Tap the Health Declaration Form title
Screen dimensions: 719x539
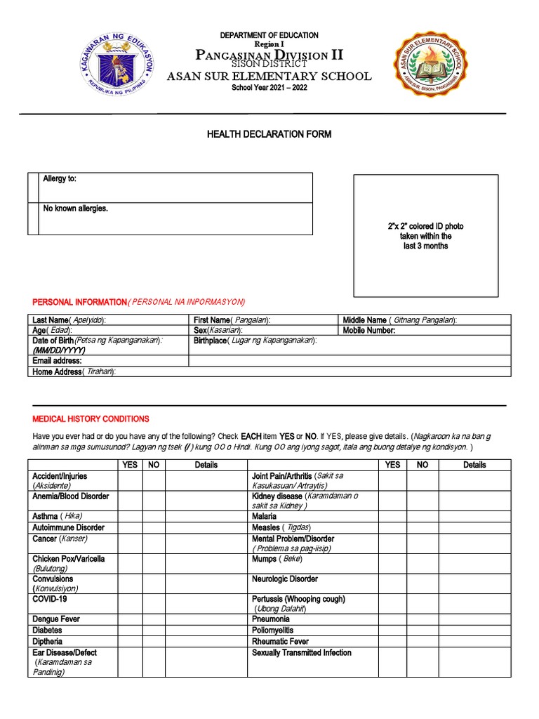point(269,134)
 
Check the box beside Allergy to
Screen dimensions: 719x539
point(33,187)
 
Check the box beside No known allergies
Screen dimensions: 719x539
point(33,218)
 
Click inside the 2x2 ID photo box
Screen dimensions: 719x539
point(426,236)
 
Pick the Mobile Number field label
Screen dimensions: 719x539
point(369,330)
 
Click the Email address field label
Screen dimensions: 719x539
point(58,361)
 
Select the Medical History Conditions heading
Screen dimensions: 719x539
point(91,419)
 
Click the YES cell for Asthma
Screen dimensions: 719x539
point(130,516)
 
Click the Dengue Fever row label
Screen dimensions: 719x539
point(56,619)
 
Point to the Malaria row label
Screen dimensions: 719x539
point(265,516)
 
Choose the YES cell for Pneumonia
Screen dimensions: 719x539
point(393,619)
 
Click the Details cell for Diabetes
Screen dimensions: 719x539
point(206,631)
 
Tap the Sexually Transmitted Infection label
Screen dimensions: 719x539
point(302,653)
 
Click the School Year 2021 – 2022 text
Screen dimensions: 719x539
point(269,87)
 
